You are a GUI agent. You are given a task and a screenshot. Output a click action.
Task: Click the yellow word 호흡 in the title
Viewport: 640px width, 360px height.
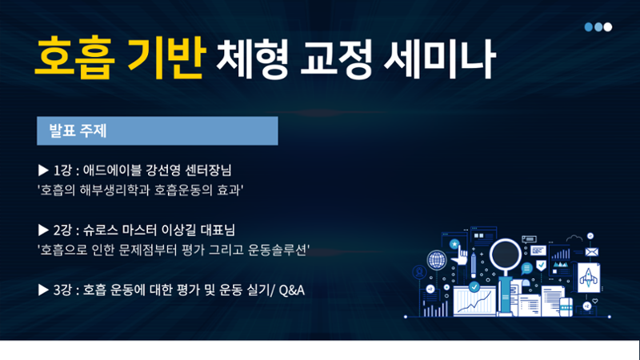[74, 58]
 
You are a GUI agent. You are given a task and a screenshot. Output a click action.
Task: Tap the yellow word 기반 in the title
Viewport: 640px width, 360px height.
[165, 58]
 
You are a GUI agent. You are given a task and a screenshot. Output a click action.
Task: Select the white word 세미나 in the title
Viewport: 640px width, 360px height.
[440, 58]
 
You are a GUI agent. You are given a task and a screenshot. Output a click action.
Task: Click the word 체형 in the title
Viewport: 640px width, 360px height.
[252, 58]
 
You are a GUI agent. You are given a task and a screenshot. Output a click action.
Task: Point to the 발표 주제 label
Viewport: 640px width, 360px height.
[78, 130]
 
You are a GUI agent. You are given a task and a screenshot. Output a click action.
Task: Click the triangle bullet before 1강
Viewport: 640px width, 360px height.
[43, 170]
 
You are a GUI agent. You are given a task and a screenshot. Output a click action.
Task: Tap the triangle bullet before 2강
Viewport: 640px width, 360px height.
[43, 230]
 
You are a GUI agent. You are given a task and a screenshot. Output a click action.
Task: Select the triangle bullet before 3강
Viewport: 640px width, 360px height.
[43, 290]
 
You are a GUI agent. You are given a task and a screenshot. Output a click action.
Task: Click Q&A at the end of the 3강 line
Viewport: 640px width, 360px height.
[292, 290]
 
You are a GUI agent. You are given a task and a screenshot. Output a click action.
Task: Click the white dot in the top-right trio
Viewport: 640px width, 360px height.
[608, 27]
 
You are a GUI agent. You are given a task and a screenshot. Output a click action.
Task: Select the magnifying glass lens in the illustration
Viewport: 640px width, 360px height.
[506, 254]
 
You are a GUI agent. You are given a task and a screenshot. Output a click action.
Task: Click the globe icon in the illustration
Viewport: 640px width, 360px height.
[436, 259]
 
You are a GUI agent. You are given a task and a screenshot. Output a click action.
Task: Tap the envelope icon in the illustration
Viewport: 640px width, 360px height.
[591, 252]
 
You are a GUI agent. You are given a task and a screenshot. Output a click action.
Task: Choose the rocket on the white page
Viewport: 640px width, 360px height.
[589, 278]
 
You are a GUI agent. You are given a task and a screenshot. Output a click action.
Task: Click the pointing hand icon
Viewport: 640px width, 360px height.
[461, 256]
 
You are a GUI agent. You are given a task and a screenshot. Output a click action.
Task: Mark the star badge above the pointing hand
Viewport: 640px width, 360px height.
[454, 244]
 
